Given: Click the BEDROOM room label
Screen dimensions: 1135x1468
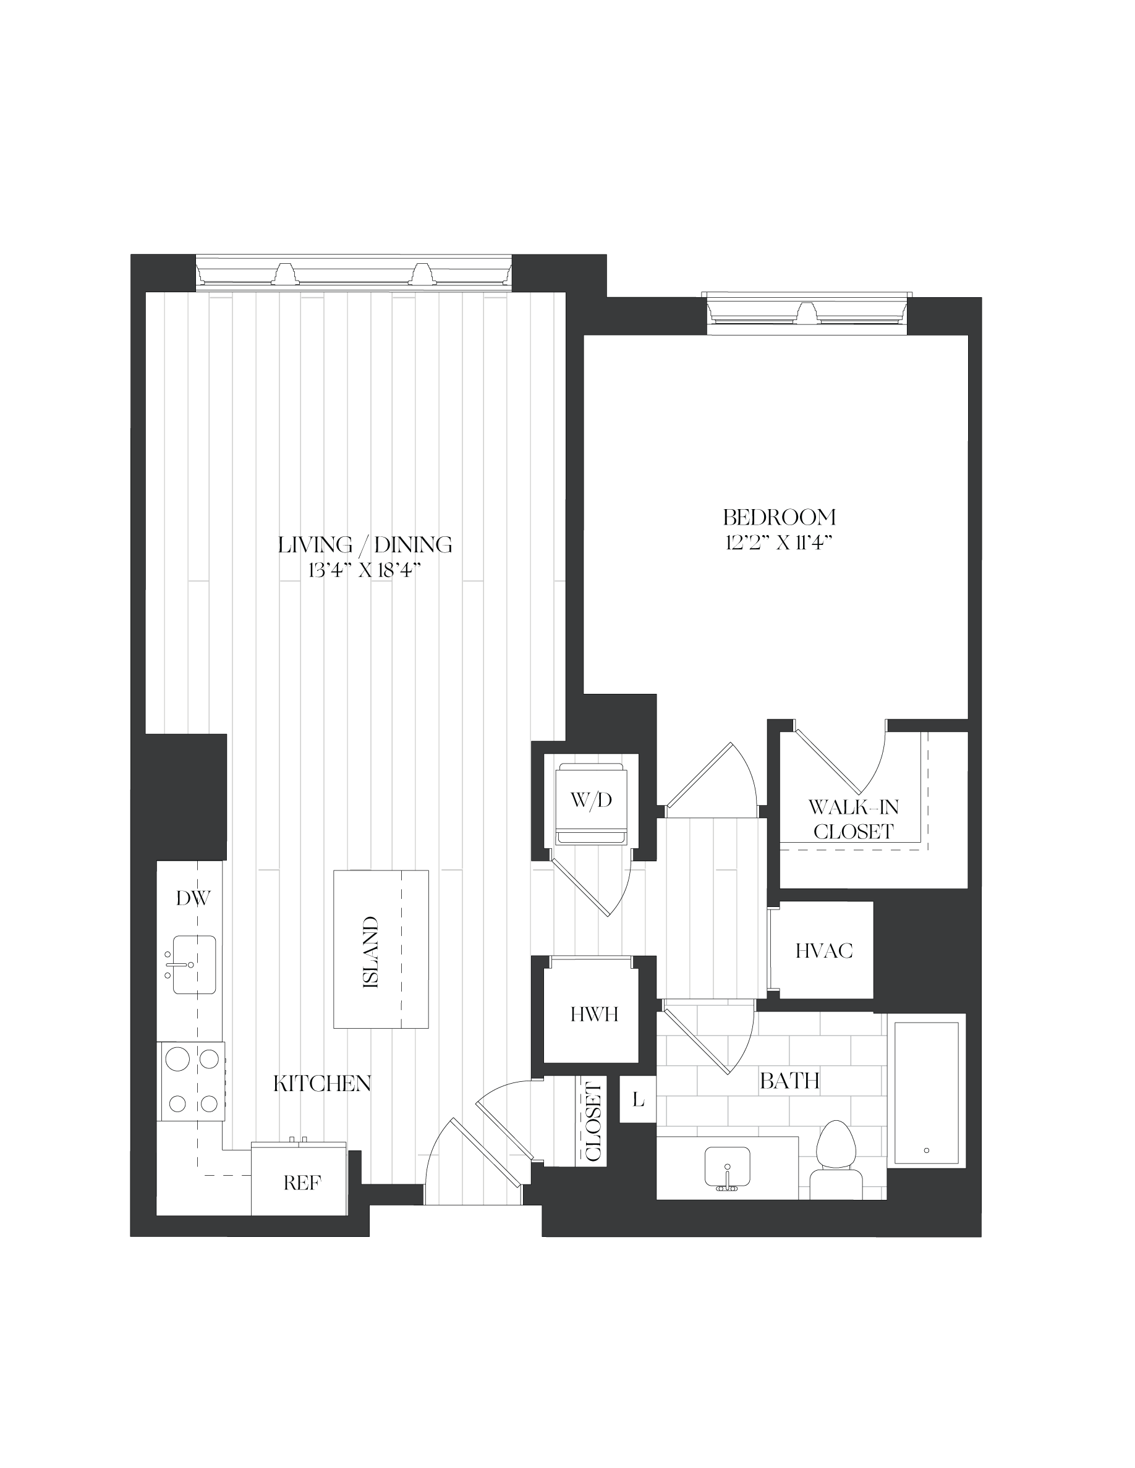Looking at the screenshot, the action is coord(780,517).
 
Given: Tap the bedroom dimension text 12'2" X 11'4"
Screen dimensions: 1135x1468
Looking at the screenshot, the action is coord(780,542).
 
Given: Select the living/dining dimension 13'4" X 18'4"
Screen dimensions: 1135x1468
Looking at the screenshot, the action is coord(365,571).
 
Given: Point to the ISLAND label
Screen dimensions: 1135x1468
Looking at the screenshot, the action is coord(370,951).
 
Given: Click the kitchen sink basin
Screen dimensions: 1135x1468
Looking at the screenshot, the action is coord(194,964).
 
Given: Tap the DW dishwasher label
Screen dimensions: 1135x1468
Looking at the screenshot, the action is coord(193,898).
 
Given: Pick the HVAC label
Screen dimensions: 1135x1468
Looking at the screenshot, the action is coord(823,950).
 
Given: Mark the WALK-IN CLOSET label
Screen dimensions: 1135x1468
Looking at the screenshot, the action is coord(853,819).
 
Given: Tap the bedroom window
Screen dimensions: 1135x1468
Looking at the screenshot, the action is coord(807,313).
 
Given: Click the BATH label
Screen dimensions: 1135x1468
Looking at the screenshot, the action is coord(789,1081).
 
